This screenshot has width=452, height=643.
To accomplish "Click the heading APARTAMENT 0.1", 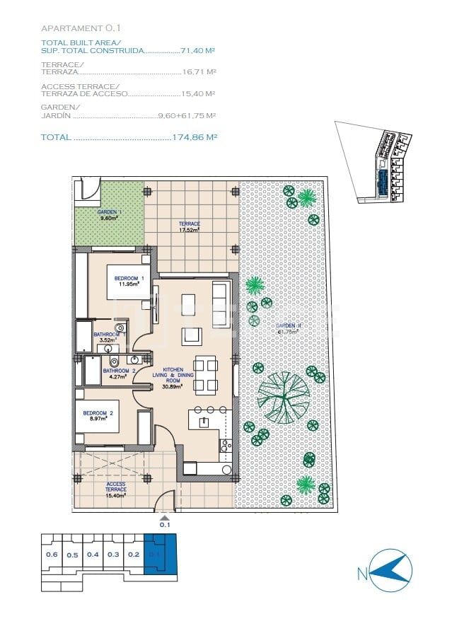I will tap(81, 28).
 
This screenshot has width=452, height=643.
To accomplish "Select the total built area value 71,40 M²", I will tap(197, 51).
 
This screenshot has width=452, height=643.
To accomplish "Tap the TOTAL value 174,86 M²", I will tap(194, 137).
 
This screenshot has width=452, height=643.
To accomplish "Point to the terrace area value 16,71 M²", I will tap(198, 72).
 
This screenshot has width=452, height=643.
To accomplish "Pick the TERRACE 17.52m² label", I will tap(189, 226).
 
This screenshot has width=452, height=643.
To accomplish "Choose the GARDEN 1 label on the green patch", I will tap(109, 215).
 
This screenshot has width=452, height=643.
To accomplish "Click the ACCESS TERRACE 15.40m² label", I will tap(115, 489).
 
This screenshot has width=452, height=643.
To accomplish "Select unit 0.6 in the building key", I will tap(52, 555).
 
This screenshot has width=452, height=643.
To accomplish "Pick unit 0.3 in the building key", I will tap(113, 555).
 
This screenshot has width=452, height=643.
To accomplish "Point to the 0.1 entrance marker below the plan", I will tap(165, 523).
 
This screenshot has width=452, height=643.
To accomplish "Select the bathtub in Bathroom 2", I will tap(93, 370).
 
